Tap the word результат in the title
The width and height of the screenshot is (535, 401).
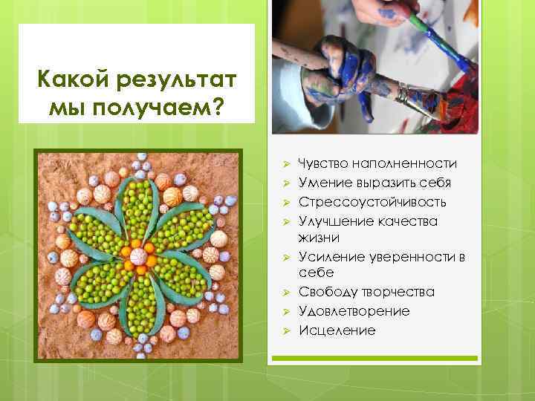pos(173,77)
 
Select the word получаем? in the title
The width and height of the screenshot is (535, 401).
pos(163,108)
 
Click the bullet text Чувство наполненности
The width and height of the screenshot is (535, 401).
pos(377,163)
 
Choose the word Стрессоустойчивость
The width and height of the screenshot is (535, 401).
pos(372,202)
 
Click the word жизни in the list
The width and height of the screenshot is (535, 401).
pos(319,238)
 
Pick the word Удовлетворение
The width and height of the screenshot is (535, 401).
pos(354,311)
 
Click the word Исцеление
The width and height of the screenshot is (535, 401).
pos(337,330)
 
